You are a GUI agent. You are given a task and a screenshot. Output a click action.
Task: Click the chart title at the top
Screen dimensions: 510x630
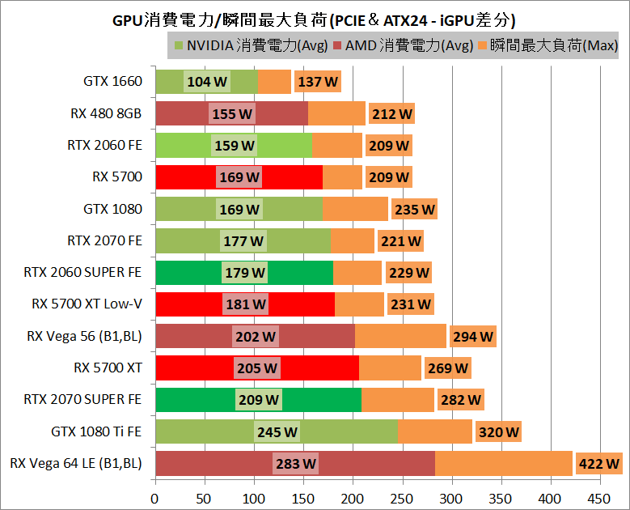(314, 19)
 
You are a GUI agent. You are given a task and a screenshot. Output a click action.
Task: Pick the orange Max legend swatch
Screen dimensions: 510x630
(485, 45)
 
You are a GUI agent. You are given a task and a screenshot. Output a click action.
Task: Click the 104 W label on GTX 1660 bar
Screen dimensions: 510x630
(207, 82)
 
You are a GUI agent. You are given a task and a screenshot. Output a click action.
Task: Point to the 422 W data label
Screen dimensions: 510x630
(599, 464)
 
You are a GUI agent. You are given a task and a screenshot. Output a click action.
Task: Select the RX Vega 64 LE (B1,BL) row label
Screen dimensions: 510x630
(76, 464)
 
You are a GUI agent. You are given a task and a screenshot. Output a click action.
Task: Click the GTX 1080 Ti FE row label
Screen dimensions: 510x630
(96, 432)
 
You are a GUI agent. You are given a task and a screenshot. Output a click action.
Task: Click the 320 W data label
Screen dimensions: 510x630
(498, 432)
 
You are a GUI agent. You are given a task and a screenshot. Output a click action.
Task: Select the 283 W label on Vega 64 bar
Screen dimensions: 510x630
(295, 464)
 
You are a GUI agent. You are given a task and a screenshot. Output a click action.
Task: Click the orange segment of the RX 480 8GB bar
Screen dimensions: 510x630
(336, 113)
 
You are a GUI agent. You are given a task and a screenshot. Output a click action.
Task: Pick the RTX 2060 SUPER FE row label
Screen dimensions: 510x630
(83, 273)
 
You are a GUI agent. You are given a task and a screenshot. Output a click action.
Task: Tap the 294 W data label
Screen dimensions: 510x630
(472, 337)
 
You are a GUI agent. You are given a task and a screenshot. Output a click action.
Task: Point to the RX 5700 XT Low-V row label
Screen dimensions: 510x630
(87, 304)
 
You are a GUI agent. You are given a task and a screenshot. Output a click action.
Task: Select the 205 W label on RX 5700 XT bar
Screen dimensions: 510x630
(256, 368)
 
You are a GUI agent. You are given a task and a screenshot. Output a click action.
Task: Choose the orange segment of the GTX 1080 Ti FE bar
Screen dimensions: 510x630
(434, 432)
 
